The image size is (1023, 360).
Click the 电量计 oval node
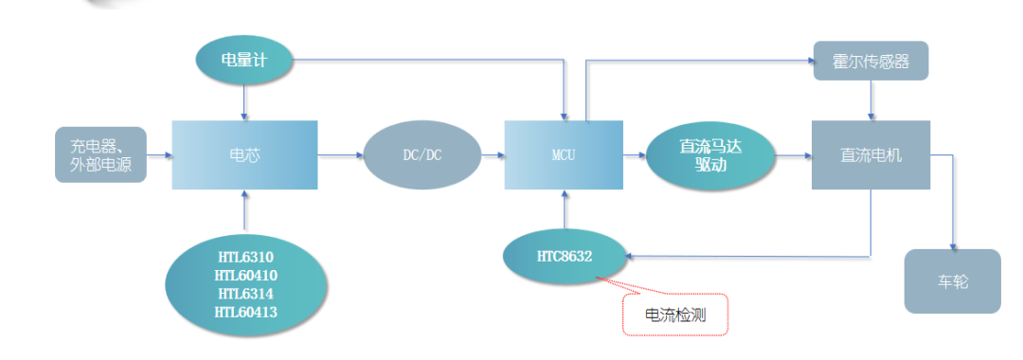coord(244,61)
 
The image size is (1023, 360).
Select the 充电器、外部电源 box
coord(101,154)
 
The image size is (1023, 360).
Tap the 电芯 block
coord(244,154)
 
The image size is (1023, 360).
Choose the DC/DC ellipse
coord(422,154)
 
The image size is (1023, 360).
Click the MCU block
coord(564,154)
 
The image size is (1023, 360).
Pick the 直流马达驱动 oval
coord(710,154)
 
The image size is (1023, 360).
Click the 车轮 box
coord(952,281)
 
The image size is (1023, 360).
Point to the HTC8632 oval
coord(565,255)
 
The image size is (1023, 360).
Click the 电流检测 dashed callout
coord(675,314)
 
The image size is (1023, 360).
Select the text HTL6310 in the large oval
coord(245,258)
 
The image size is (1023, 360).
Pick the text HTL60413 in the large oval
coord(245,312)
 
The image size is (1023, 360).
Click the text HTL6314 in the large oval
coord(245,294)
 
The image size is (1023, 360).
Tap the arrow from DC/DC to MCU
coord(493,154)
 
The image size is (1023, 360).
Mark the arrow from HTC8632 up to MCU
coord(565,210)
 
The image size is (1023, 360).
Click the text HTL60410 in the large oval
coord(245,276)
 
